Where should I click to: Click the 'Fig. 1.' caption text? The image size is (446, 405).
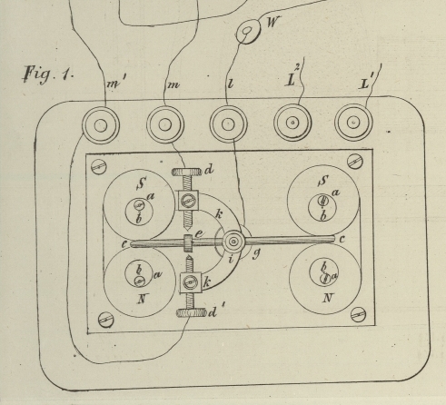(x=48, y=74)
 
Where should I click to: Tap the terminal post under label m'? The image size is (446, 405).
(x=101, y=125)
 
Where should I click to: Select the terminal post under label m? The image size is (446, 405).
(x=165, y=124)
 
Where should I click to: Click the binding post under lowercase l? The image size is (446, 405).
(x=228, y=124)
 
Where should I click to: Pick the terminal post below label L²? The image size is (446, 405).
(x=292, y=123)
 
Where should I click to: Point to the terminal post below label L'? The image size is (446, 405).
(x=353, y=123)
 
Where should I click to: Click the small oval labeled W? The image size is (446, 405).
(x=248, y=32)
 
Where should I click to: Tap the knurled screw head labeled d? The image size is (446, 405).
(x=186, y=173)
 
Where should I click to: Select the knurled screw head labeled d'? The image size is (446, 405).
(x=192, y=312)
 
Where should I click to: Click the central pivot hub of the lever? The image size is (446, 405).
(x=233, y=242)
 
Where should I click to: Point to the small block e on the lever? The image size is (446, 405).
(x=188, y=243)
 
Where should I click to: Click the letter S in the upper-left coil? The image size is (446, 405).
(x=141, y=183)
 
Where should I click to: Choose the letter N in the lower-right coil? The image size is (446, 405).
(x=327, y=299)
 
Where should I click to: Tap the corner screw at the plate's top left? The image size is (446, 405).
(x=99, y=166)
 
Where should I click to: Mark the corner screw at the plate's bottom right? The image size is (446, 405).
(x=359, y=315)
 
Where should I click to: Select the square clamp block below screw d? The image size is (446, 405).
(x=188, y=201)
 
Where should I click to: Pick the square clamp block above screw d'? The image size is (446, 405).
(x=191, y=282)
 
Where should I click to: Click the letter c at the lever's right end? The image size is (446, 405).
(x=342, y=239)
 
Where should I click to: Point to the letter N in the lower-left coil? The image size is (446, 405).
(x=142, y=299)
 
